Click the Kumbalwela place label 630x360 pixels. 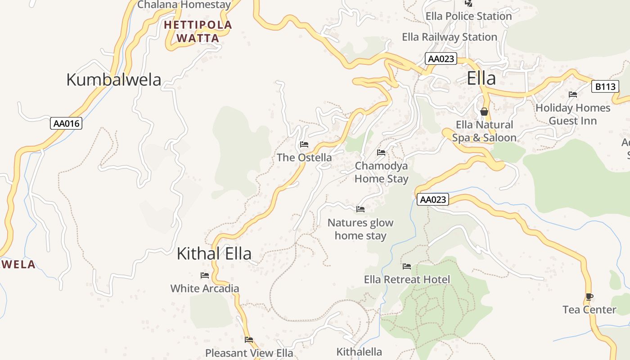pos(113,80)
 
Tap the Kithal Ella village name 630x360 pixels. pos(214,253)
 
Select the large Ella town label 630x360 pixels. pos(481,78)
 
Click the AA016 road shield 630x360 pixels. pos(66,123)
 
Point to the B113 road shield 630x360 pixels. pos(605,86)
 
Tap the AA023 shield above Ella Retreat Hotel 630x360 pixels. pos(432,199)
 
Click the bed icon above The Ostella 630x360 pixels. pos(304,144)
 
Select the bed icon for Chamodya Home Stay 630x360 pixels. pos(381,153)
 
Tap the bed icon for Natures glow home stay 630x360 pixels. pos(360,209)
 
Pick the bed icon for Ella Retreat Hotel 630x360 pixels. pos(407,266)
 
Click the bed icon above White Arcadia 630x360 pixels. pos(205,275)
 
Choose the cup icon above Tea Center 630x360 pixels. pos(589,297)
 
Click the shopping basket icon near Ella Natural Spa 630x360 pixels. pos(484,112)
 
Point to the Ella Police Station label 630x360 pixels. pos(468,16)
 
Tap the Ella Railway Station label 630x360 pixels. pos(449,37)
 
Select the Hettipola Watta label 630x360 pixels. pos(198,31)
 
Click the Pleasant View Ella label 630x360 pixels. pos(249,353)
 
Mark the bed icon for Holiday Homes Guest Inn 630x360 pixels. pos(573,94)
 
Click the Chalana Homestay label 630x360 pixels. pos(184,5)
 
